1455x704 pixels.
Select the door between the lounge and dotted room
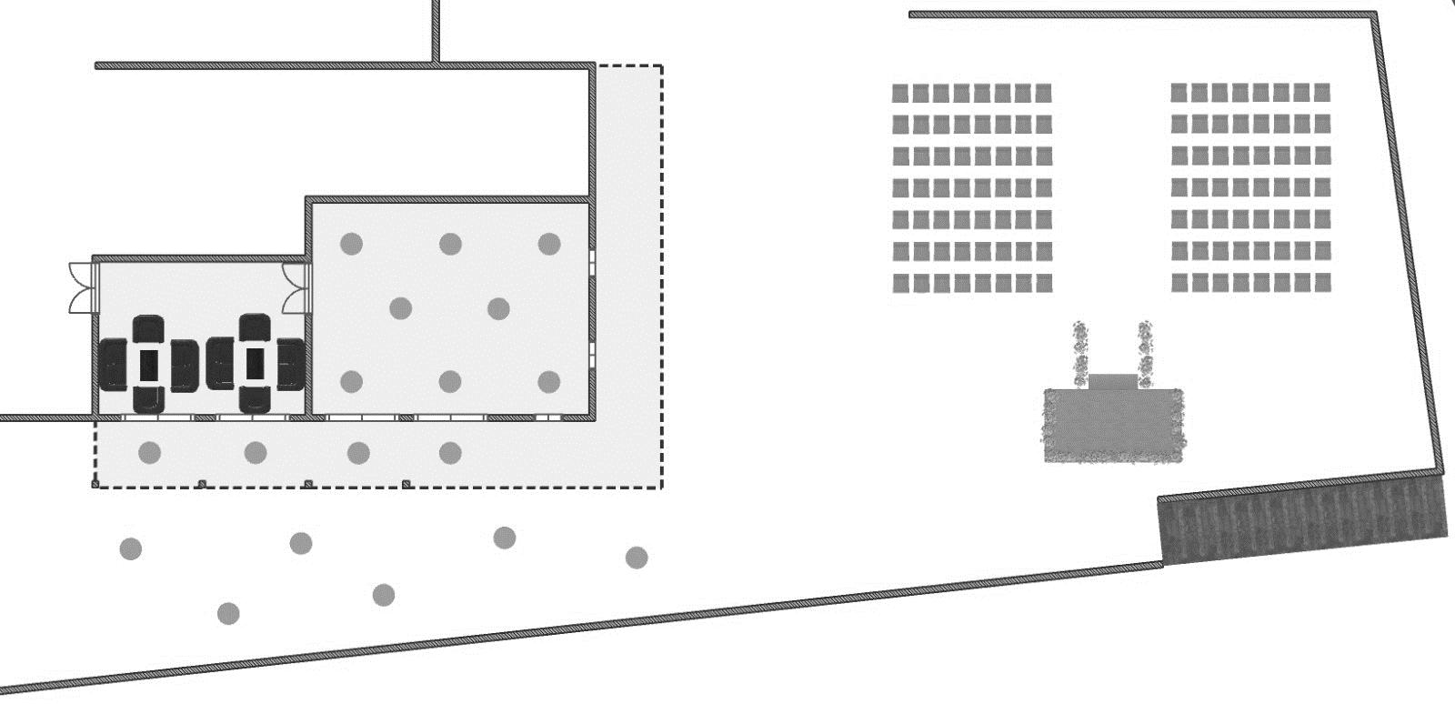(296, 287)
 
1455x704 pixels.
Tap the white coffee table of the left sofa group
(148, 364)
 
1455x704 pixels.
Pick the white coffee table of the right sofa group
(256, 363)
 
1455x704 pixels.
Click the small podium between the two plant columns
(1112, 381)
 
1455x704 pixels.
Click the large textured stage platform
(1113, 426)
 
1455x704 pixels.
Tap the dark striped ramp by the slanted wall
(1302, 523)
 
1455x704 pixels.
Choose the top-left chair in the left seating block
(901, 93)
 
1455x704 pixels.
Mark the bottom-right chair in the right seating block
(1321, 283)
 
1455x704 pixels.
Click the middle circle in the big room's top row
(450, 244)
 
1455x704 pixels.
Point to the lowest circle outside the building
(228, 614)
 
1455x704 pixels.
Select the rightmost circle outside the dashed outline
(637, 557)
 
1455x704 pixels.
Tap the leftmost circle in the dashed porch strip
(150, 452)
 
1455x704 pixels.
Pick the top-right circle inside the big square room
(548, 244)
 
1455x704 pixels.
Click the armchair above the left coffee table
(148, 328)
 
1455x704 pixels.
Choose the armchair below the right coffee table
(256, 399)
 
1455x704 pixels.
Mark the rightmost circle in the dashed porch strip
(450, 452)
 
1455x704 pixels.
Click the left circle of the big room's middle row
(400, 309)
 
